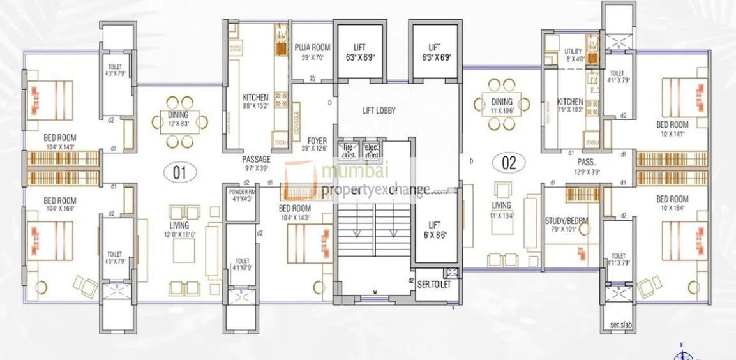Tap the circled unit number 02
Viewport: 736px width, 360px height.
click(509, 162)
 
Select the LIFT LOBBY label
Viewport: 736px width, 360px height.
click(379, 110)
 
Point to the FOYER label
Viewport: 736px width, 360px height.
click(317, 140)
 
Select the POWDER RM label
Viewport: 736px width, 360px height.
click(242, 191)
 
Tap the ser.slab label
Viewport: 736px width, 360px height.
click(618, 325)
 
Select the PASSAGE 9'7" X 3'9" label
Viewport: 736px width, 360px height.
click(256, 159)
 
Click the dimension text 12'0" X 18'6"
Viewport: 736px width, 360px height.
click(179, 235)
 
